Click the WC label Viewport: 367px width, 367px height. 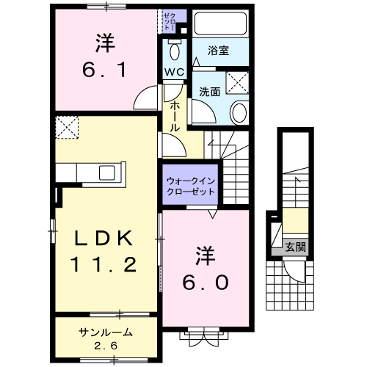click(x=174, y=72)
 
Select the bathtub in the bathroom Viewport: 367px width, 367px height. click(x=220, y=23)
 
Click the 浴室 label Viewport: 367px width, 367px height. click(x=219, y=51)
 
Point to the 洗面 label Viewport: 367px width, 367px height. click(x=210, y=92)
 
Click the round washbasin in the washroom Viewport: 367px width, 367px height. click(x=239, y=112)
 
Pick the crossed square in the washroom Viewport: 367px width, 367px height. click(x=237, y=83)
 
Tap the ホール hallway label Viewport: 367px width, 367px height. click(x=175, y=117)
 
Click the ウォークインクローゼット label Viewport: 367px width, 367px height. click(x=191, y=186)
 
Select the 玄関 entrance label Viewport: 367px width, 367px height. click(x=296, y=247)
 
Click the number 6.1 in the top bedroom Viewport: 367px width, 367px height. click(x=104, y=70)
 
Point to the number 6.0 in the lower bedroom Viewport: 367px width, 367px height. click(x=206, y=283)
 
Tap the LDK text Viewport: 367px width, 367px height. click(x=104, y=238)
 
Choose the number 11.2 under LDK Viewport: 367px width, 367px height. click(x=103, y=264)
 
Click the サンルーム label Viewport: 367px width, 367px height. click(x=106, y=333)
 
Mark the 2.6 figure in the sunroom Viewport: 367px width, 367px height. click(x=106, y=346)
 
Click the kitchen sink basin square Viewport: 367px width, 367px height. click(x=107, y=172)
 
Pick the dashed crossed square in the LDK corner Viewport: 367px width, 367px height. click(x=67, y=128)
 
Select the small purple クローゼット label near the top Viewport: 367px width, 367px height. click(x=170, y=22)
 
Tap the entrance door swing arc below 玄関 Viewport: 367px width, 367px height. click(x=292, y=274)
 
